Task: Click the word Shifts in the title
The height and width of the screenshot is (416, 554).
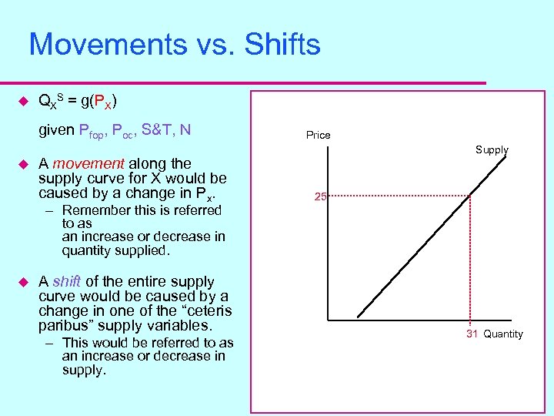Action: pos(282,45)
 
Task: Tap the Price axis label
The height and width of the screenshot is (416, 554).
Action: pos(318,135)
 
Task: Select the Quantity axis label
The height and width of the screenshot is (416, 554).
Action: pos(503,334)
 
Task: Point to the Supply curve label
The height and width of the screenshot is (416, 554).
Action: pos(492,149)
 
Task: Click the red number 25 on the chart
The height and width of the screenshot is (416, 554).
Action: pos(320,196)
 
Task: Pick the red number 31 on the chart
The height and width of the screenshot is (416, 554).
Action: pos(472,334)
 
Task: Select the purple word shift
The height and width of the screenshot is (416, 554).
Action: pos(66,282)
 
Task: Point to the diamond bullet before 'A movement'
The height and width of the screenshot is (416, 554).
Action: pos(22,164)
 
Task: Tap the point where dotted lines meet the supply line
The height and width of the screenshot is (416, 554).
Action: pos(471,196)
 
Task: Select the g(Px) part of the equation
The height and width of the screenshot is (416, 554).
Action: pos(96,102)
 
